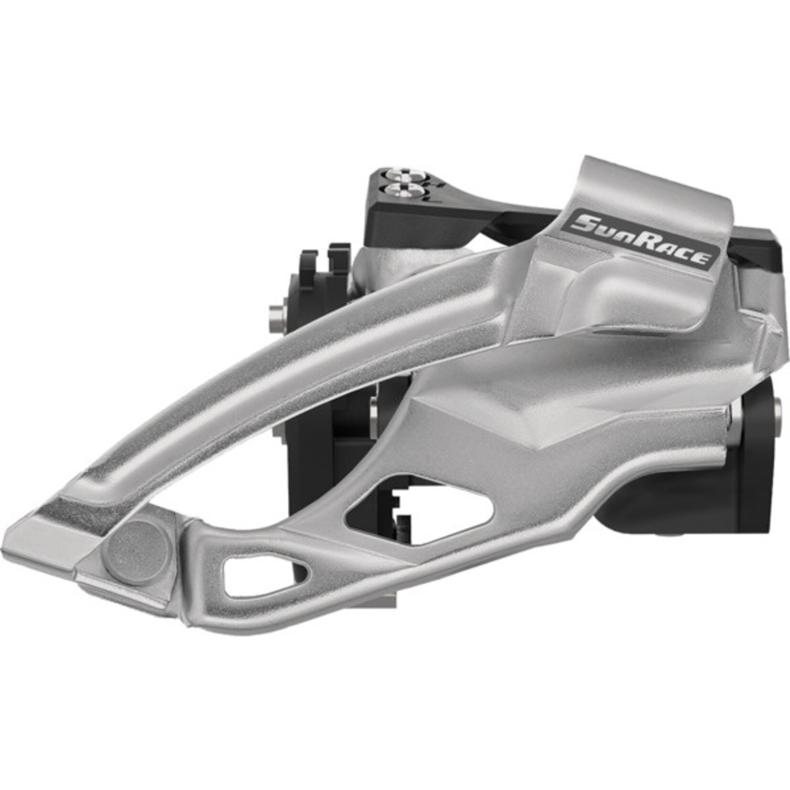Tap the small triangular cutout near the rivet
(x=261, y=571)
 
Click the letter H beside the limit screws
(x=433, y=181)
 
